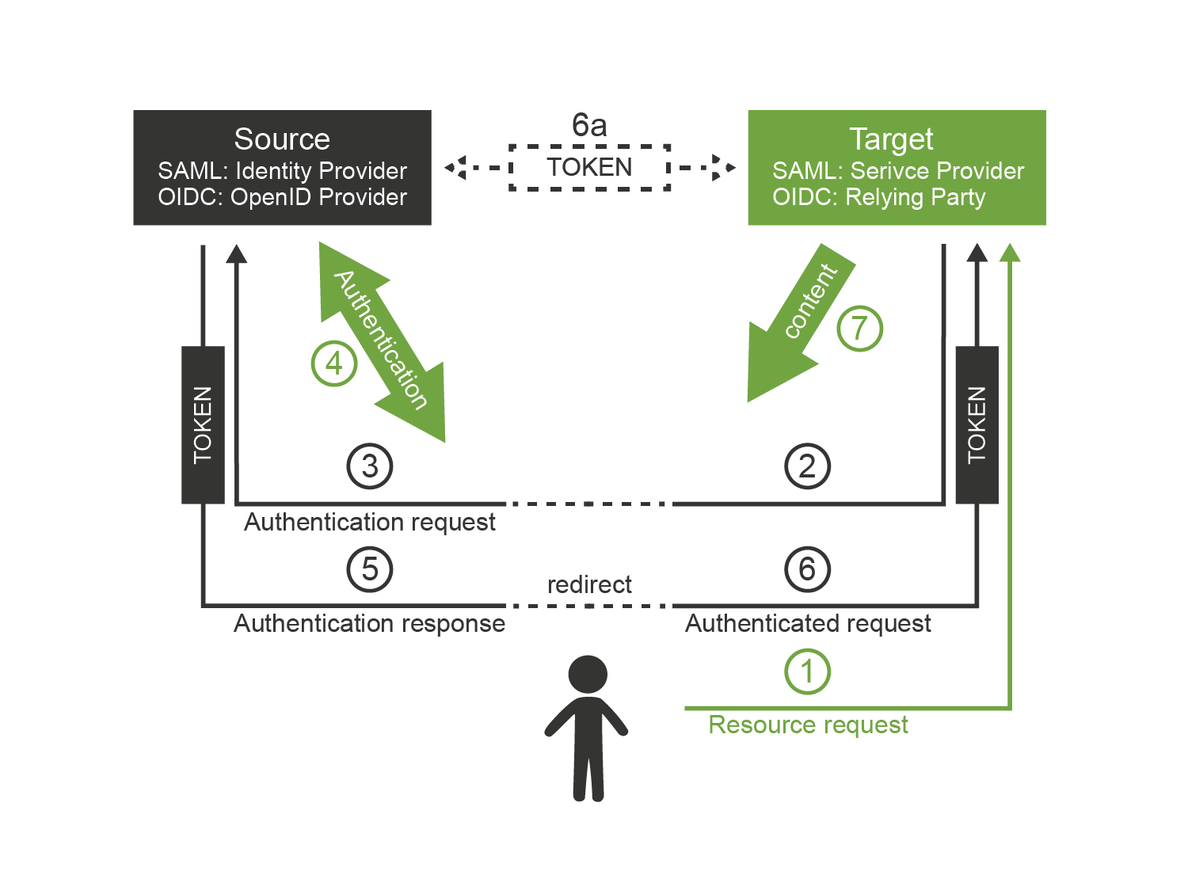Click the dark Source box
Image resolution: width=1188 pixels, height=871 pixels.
click(x=282, y=167)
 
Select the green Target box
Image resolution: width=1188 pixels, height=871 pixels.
click(x=897, y=167)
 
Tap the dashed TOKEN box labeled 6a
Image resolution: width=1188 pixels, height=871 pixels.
click(x=589, y=168)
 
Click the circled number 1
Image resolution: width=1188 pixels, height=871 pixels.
click(x=807, y=671)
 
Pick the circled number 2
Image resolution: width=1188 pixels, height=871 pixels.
click(x=807, y=466)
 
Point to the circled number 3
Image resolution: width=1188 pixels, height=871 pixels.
click(x=370, y=466)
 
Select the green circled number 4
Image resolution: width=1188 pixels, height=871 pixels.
click(x=334, y=363)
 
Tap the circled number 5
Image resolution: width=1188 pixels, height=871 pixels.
click(x=370, y=569)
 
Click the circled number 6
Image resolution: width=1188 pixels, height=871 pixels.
click(x=807, y=569)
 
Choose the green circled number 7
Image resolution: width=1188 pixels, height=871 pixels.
click(x=859, y=328)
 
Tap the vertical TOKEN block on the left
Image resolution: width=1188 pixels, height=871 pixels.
click(x=203, y=424)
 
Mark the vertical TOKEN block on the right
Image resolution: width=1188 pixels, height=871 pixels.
click(x=977, y=424)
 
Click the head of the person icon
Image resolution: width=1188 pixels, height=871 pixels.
click(x=588, y=675)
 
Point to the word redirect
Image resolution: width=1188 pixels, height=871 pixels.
click(x=589, y=584)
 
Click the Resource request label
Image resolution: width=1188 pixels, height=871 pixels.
click(x=808, y=725)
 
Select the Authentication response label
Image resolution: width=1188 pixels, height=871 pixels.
click(x=369, y=624)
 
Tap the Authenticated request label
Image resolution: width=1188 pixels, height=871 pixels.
click(x=808, y=624)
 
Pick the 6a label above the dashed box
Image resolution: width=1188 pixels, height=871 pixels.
click(x=589, y=125)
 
